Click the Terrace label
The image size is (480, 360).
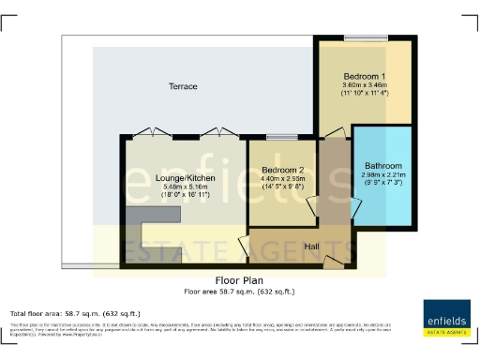point(183,86)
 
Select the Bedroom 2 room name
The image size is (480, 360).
point(282,171)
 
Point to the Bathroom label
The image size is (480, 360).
point(382,166)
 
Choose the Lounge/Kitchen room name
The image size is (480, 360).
point(175,177)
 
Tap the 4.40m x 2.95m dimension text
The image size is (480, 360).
point(282,181)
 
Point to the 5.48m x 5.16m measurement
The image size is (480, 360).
point(175,187)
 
